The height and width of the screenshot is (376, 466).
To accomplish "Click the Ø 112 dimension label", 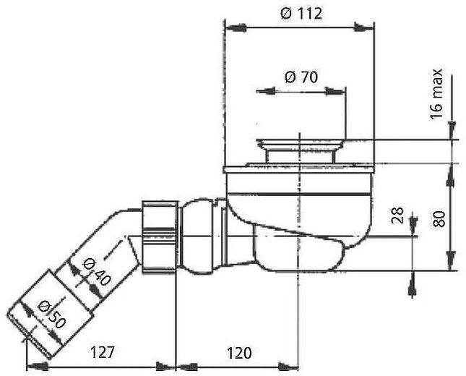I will (x=299, y=13).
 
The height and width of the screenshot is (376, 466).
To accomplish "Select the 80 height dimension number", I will (x=437, y=218).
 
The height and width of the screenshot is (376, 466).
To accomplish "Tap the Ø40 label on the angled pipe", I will (x=95, y=271).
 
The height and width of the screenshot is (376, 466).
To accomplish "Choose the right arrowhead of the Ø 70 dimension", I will (x=340, y=91).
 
